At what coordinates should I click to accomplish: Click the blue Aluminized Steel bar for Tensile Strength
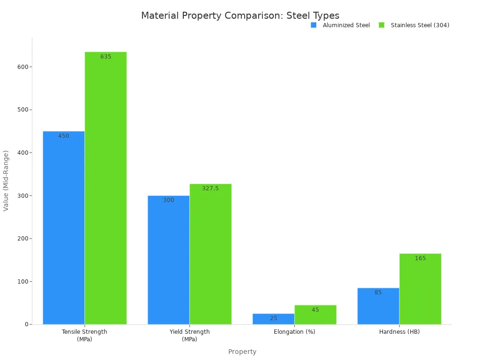click(x=64, y=228)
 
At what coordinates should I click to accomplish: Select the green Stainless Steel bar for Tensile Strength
click(x=105, y=188)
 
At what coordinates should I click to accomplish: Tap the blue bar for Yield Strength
click(x=168, y=260)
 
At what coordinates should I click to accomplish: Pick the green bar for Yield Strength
click(x=210, y=254)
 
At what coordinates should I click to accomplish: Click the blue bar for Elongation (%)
click(x=273, y=319)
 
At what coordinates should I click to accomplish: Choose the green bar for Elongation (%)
click(x=315, y=315)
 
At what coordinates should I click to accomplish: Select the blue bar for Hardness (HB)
click(x=378, y=306)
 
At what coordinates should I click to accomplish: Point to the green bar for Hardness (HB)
click(x=420, y=289)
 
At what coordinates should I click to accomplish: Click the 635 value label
click(x=106, y=57)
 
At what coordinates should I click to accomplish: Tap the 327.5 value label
click(x=210, y=188)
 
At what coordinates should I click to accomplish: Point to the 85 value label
click(x=378, y=292)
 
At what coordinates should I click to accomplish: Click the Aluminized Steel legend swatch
click(x=314, y=25)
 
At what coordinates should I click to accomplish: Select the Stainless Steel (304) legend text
click(x=420, y=25)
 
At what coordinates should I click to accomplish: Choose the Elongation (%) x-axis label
click(x=294, y=332)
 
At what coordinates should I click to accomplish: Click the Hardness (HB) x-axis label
click(x=399, y=332)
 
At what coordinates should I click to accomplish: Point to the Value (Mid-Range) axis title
click(x=6, y=180)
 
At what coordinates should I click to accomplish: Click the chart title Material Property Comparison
click(x=240, y=15)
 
